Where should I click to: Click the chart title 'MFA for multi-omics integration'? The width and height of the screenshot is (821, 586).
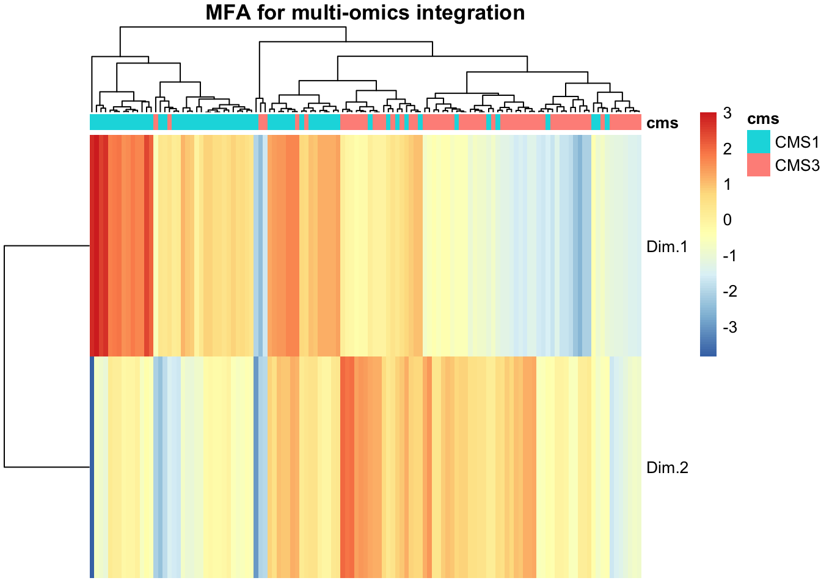pyautogui.click(x=365, y=12)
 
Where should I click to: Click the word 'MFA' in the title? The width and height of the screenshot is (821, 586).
pyautogui.click(x=228, y=12)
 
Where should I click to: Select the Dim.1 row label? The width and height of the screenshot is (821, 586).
pyautogui.click(x=667, y=247)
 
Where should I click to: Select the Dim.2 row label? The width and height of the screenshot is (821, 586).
pyautogui.click(x=667, y=468)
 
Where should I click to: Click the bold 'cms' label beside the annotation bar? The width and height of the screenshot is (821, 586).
pyautogui.click(x=662, y=123)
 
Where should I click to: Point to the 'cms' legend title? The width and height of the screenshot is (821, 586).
pyautogui.click(x=763, y=118)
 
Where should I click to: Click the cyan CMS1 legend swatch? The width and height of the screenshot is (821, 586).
pyautogui.click(x=758, y=142)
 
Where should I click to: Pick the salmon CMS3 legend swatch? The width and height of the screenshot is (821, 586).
pyautogui.click(x=758, y=165)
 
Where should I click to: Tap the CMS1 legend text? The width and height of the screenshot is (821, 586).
pyautogui.click(x=797, y=142)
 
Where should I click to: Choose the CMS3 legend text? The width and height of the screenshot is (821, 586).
pyautogui.click(x=797, y=165)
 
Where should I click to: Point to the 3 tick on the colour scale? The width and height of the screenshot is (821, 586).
pyautogui.click(x=727, y=113)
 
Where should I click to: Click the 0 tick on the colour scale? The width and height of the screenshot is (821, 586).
pyautogui.click(x=727, y=220)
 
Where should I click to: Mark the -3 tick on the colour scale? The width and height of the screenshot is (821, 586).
pyautogui.click(x=730, y=327)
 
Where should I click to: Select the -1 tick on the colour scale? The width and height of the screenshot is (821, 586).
pyautogui.click(x=730, y=256)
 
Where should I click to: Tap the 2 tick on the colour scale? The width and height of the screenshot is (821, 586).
pyautogui.click(x=727, y=149)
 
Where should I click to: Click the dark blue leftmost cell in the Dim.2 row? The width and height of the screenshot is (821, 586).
pyautogui.click(x=92, y=467)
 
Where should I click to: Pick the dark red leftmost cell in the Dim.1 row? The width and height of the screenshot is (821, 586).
pyautogui.click(x=92, y=245)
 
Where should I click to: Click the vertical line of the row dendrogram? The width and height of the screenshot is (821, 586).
pyautogui.click(x=4, y=356)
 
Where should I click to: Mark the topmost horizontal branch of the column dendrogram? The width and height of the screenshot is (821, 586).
pyautogui.click(x=233, y=27)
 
